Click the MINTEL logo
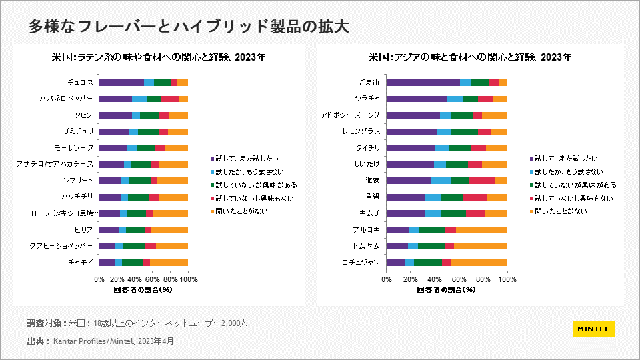[x=593, y=329]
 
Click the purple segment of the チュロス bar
[x=121, y=83]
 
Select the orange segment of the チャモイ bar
[x=169, y=263]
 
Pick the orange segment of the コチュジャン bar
[x=479, y=263]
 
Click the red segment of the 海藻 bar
[x=482, y=181]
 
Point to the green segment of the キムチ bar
[x=453, y=213]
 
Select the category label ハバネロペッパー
[x=66, y=99]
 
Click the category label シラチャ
[x=368, y=99]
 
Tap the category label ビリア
[x=83, y=230]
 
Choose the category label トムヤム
[x=367, y=246]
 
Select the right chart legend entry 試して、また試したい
[x=576, y=159]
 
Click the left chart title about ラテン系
[x=159, y=57]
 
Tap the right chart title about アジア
[x=470, y=57]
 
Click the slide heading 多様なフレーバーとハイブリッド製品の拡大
[x=189, y=27]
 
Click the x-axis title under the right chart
[x=446, y=290]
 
